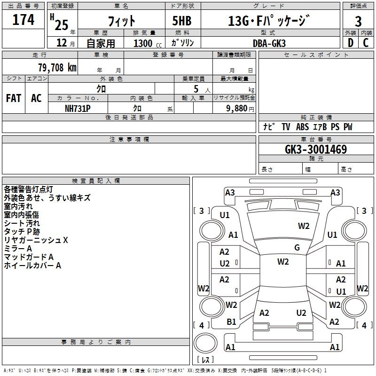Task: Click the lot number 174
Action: (x=23, y=19)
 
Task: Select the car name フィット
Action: (x=121, y=21)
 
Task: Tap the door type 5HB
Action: (x=182, y=21)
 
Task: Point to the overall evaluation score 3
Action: (x=358, y=21)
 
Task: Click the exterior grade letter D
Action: (x=350, y=43)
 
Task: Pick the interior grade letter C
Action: (x=366, y=43)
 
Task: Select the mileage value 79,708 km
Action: (x=57, y=68)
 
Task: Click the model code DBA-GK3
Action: (x=269, y=43)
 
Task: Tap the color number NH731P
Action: (x=78, y=109)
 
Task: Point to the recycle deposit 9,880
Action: (x=237, y=109)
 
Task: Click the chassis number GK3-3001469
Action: (x=316, y=149)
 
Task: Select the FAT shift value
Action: (x=14, y=98)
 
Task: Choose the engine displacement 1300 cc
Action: (x=148, y=43)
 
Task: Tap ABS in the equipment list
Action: (x=302, y=127)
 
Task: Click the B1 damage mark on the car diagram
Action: (x=231, y=322)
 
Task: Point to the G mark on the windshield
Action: (x=297, y=247)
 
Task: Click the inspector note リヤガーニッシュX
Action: (x=36, y=240)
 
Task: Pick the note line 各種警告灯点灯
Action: (x=28, y=189)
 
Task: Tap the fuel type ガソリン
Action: (x=182, y=43)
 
